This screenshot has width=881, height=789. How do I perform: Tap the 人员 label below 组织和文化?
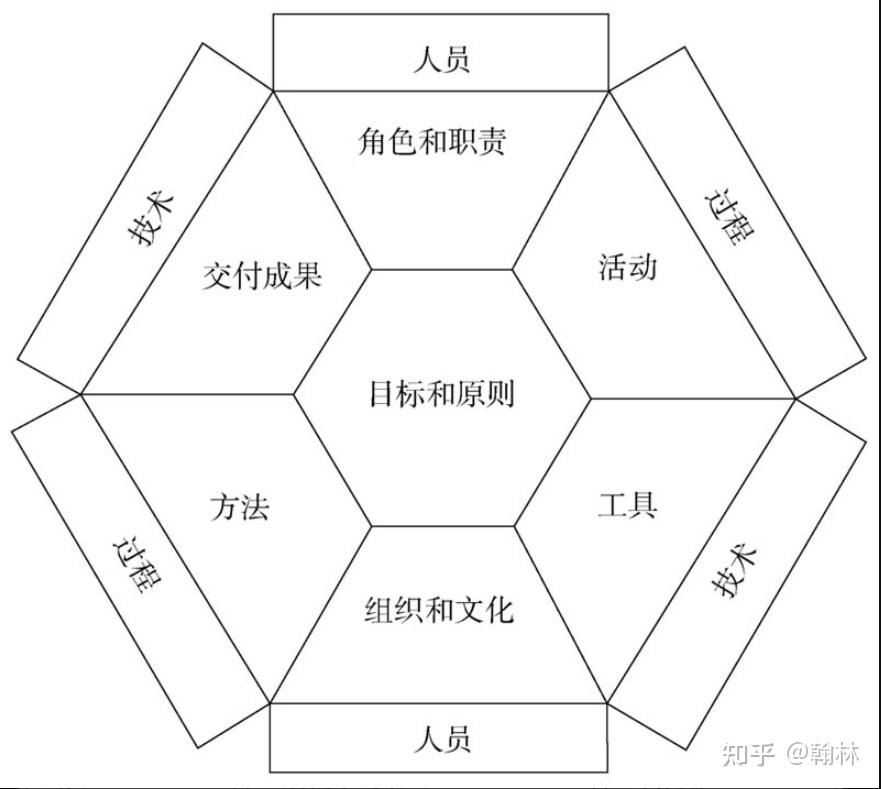click(x=441, y=740)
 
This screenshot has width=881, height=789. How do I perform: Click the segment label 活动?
click(x=627, y=268)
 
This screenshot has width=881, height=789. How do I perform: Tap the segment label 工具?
click(x=627, y=504)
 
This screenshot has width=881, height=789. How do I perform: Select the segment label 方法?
click(x=240, y=507)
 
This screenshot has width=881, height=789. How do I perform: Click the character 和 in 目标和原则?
click(x=441, y=393)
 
